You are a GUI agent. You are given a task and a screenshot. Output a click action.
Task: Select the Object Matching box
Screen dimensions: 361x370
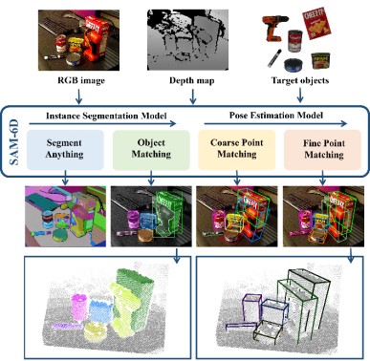pyautogui.click(x=145, y=150)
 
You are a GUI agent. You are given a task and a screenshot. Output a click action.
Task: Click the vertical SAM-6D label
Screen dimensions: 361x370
pyautogui.click(x=14, y=141)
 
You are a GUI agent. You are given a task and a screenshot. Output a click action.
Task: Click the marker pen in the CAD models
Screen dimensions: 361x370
pyautogui.click(x=272, y=61)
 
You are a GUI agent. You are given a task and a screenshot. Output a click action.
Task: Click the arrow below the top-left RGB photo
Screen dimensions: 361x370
pyautogui.click(x=79, y=95)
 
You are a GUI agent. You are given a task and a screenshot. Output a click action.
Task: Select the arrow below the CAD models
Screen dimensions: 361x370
pyautogui.click(x=303, y=95)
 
